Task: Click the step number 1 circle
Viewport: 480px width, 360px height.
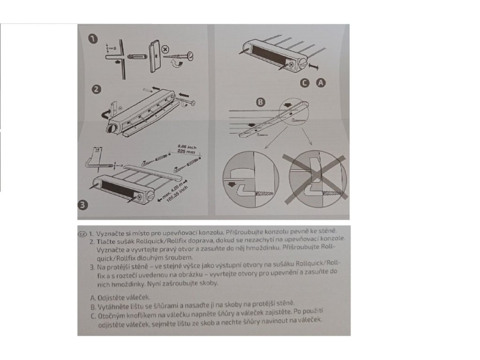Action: pyautogui.click(x=92, y=39)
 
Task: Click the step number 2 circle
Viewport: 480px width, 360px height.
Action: pyautogui.click(x=96, y=90)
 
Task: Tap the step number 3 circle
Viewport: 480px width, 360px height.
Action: pyautogui.click(x=83, y=205)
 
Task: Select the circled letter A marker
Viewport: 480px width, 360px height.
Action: pyautogui.click(x=321, y=82)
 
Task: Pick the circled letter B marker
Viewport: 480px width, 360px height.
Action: pyautogui.click(x=261, y=102)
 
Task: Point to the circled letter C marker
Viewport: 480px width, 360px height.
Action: pyautogui.click(x=305, y=82)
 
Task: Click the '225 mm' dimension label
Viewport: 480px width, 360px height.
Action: pyautogui.click(x=186, y=151)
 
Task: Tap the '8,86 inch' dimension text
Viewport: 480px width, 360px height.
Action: pyautogui.click(x=187, y=147)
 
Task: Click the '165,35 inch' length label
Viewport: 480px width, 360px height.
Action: pyautogui.click(x=178, y=194)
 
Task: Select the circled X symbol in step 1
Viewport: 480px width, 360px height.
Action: pyautogui.click(x=165, y=49)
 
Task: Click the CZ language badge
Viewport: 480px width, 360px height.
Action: pyautogui.click(x=82, y=233)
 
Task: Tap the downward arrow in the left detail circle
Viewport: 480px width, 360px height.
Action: pyautogui.click(x=232, y=184)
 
